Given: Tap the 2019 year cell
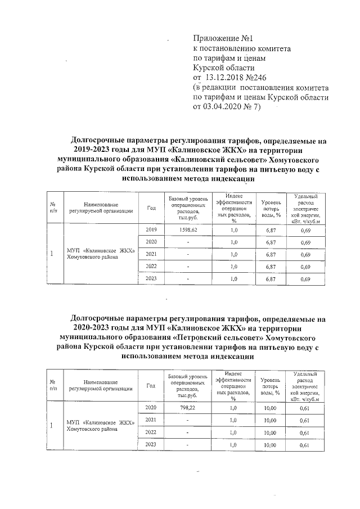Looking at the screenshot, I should click(151, 231).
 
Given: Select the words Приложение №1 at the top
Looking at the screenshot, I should click(224, 39).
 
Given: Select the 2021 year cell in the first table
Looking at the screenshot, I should click(151, 254).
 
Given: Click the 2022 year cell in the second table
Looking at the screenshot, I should click(151, 433).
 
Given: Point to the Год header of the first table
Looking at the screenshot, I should click(151, 208).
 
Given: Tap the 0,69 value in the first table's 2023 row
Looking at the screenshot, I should click(305, 279).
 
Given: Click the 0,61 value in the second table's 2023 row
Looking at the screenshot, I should click(305, 445).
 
